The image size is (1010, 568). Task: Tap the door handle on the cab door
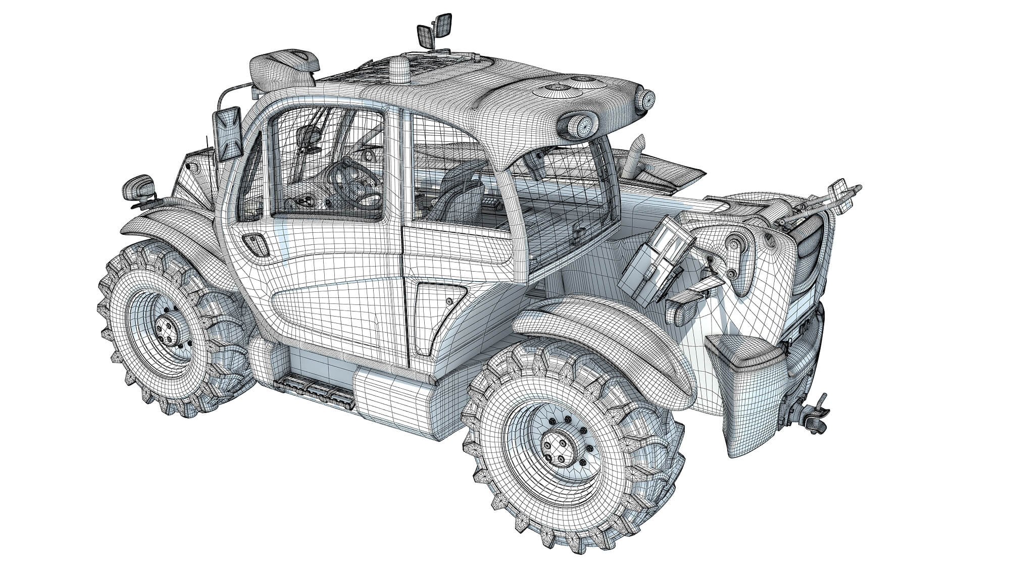258,243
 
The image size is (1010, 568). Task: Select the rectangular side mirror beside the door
230,134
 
